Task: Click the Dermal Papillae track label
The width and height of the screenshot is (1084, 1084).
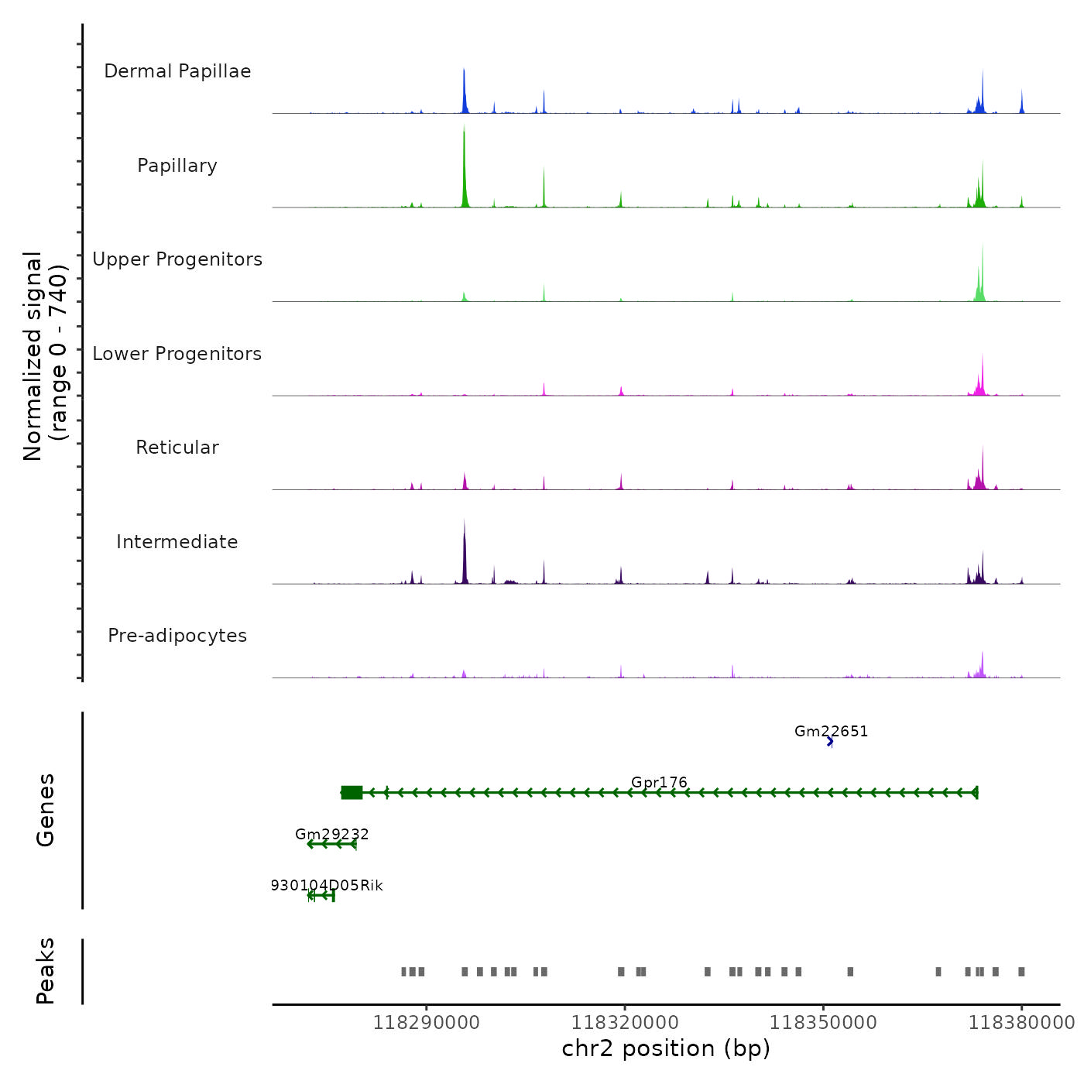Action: (x=177, y=71)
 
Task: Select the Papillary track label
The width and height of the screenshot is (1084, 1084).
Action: (x=177, y=166)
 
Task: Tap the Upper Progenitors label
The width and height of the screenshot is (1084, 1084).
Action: (x=177, y=259)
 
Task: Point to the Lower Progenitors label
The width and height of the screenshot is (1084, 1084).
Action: (x=177, y=354)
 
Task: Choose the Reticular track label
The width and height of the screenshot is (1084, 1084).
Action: (x=177, y=448)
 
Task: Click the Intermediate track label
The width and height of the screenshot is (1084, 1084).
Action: (x=177, y=542)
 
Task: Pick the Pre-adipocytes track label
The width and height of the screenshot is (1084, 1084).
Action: (x=177, y=636)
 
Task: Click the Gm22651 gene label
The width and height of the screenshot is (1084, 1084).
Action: (x=831, y=731)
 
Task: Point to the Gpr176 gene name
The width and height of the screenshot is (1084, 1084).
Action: (x=659, y=782)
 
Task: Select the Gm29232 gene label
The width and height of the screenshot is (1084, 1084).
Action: (x=332, y=834)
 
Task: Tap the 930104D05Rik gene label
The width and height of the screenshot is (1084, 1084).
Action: (x=327, y=885)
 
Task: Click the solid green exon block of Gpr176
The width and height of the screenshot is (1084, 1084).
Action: (x=352, y=792)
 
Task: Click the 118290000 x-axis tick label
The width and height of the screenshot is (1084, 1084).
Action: (x=426, y=1023)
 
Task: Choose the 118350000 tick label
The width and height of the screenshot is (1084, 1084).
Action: (x=823, y=1023)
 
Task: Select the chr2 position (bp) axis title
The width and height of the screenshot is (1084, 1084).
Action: (x=666, y=1048)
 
